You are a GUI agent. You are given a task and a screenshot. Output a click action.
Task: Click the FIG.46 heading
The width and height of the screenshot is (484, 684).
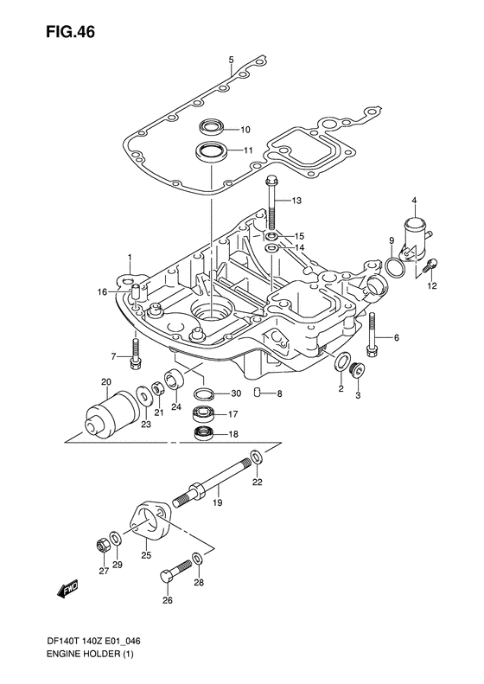tap(70, 32)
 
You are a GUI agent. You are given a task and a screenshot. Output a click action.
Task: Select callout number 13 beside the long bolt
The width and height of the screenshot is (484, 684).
tap(296, 201)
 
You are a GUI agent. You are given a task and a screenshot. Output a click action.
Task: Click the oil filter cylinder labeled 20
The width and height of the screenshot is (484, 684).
tap(111, 413)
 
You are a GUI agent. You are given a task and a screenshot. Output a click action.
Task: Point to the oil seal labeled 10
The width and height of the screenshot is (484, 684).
tap(212, 127)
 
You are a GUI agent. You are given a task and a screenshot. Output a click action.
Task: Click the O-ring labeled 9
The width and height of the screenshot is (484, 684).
tap(396, 267)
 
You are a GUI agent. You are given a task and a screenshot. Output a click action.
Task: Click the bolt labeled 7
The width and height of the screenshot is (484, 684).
tap(135, 355)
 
